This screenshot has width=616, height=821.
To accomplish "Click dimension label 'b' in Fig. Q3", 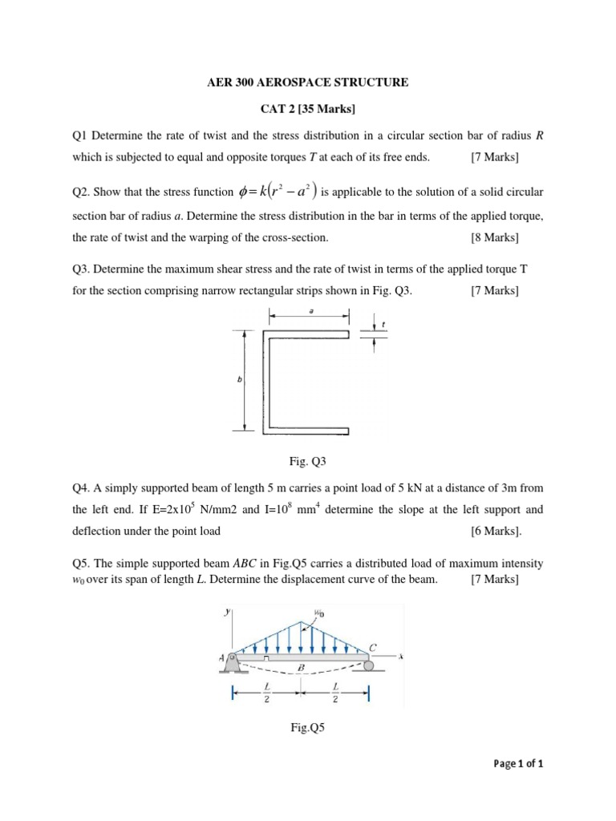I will (x=239, y=382).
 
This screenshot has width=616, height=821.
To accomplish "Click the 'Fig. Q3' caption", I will (x=308, y=462).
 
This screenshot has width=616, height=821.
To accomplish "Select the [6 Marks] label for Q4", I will (x=496, y=531).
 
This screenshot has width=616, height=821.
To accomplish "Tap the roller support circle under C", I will (x=368, y=665).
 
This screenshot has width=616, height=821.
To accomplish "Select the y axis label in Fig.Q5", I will (x=229, y=611).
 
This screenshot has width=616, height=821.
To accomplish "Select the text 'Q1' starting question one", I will (x=79, y=135).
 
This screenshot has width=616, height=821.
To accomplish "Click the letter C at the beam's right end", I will (x=373, y=646).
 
